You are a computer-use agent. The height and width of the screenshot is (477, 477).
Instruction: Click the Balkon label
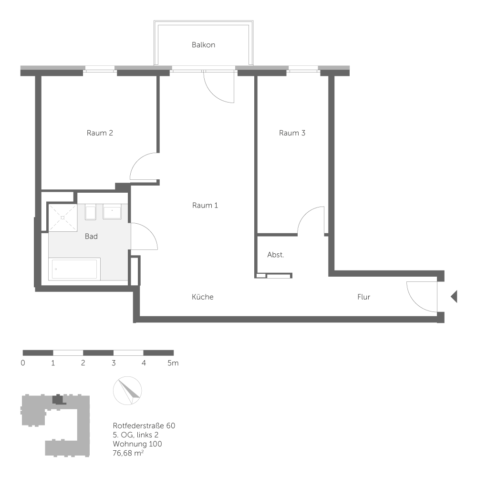tap(204, 45)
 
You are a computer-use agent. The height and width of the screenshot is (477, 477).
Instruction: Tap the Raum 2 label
tap(100, 133)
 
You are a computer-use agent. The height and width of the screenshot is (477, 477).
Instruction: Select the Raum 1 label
tap(205, 205)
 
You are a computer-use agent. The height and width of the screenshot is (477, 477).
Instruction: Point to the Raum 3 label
tap(292, 133)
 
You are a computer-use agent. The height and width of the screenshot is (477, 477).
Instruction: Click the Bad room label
tap(91, 237)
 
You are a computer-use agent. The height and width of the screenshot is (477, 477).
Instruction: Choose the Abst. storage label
tap(276, 255)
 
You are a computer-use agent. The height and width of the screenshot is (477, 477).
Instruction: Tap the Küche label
tap(203, 297)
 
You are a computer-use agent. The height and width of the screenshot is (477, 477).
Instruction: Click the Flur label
tap(364, 297)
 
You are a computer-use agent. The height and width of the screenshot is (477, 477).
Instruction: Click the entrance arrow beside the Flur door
tap(454, 297)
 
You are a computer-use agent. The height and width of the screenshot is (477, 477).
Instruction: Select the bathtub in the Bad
tap(74, 269)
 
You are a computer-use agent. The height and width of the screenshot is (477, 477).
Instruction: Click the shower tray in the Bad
tap(62, 218)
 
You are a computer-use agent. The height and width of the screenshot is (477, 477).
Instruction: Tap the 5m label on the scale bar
tap(173, 363)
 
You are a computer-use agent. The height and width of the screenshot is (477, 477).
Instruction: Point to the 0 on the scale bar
tap(23, 363)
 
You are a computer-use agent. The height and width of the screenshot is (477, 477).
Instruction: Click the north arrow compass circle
tap(127, 391)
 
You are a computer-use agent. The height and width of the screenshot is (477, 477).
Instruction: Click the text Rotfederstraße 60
tap(144, 425)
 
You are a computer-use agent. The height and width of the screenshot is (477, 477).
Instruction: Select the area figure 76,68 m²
tap(128, 453)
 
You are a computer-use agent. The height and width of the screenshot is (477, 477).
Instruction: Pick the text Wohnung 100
tap(137, 444)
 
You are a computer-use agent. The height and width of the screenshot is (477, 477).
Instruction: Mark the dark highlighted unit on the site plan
tap(58, 399)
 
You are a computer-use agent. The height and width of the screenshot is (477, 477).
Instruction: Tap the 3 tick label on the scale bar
tap(114, 363)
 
